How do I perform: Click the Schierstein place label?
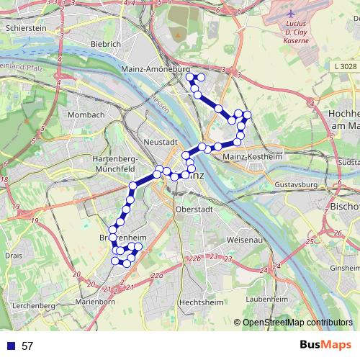click(26, 29)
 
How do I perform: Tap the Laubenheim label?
click(267, 297)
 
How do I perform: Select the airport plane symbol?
click(290, 14)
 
